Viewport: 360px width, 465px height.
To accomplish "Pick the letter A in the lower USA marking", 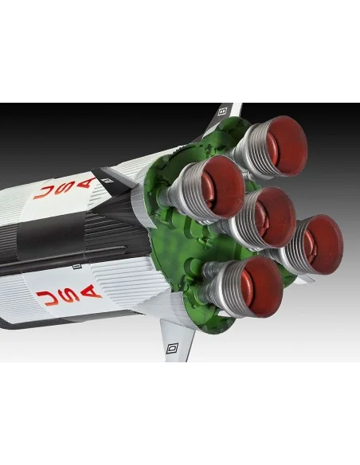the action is [91, 291].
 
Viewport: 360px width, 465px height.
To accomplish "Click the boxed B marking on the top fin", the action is [222, 111].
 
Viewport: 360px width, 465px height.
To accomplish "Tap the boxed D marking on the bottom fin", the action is [172, 348].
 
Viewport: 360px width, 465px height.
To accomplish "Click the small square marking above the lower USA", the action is [77, 266].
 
